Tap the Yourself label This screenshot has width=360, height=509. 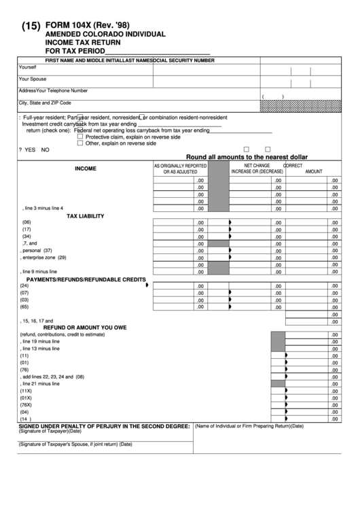tap(28, 67)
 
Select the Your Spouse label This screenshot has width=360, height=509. tap(33, 79)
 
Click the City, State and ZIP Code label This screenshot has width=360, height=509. tap(45, 103)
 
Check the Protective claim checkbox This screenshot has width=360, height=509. tap(80, 137)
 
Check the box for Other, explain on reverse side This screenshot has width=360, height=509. tap(80, 143)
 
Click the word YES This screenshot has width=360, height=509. tap(31, 150)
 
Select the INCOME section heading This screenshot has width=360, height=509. tap(86, 169)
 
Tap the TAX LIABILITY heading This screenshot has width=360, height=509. tap(85, 216)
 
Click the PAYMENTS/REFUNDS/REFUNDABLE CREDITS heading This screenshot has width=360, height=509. tap(86, 279)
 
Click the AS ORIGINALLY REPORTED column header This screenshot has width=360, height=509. tap(180, 165)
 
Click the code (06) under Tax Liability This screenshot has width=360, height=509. tap(26, 223)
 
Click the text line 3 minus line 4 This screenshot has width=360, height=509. tap(42, 208)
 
